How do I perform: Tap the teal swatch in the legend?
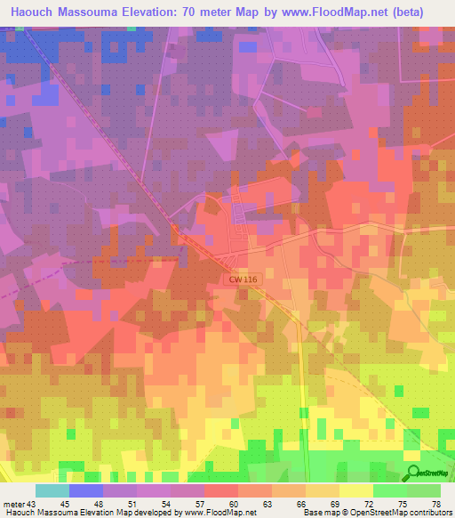(52, 490)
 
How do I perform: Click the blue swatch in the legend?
(86, 490)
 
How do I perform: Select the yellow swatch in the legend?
(356, 490)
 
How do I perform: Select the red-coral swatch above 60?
(221, 490)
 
